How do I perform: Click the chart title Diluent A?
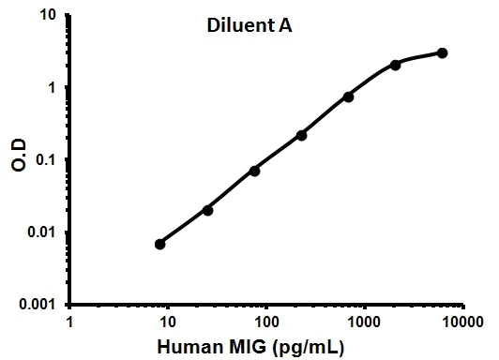(x=249, y=26)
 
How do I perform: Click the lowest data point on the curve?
(x=160, y=244)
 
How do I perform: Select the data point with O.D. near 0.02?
(x=207, y=210)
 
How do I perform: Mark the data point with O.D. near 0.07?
(x=254, y=171)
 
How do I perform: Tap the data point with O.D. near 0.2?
(x=302, y=135)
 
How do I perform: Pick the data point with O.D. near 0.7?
(x=348, y=97)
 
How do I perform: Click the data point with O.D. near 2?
(x=395, y=65)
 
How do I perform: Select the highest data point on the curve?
(x=442, y=52)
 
